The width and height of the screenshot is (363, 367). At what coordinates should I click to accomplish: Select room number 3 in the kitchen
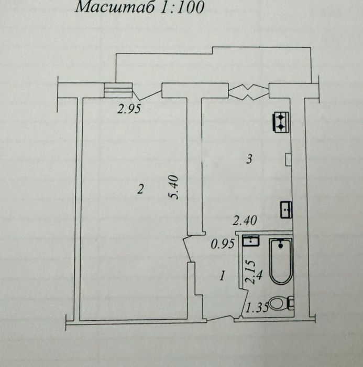tap(250, 159)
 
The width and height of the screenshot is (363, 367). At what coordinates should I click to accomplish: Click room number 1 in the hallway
tap(222, 275)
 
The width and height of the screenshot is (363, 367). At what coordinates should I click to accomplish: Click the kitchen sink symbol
tap(287, 209)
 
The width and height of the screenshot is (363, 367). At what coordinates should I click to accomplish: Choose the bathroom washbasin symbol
tap(251, 241)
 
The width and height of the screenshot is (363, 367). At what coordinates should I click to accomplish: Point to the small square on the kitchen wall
tap(288, 159)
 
